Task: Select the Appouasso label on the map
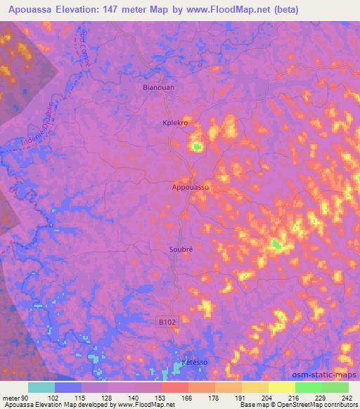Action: [x=191, y=188]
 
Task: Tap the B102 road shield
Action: [x=165, y=321]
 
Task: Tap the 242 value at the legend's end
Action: [x=347, y=398]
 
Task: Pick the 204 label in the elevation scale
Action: [x=266, y=398]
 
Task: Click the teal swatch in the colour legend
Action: [x=41, y=387]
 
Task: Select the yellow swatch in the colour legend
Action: [x=281, y=387]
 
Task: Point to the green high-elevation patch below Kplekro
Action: [x=198, y=146]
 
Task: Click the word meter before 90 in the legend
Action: [x=11, y=398]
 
